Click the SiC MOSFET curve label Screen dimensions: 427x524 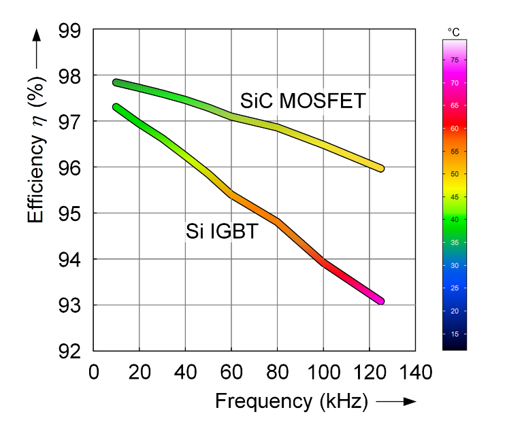click(x=303, y=102)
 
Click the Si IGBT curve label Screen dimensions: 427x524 click(x=222, y=232)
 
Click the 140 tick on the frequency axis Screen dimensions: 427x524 click(x=415, y=373)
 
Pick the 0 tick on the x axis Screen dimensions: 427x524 click(x=94, y=373)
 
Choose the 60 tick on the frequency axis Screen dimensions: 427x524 click(x=231, y=373)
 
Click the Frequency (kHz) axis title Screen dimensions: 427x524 click(x=291, y=402)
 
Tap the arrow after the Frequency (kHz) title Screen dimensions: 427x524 click(x=395, y=402)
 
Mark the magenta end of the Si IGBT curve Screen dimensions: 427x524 click(x=378, y=300)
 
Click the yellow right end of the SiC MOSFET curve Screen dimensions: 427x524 click(x=379, y=168)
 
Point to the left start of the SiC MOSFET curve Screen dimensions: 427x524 click(x=117, y=82)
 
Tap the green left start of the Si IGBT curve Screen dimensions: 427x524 click(x=117, y=107)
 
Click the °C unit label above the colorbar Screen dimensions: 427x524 click(x=454, y=32)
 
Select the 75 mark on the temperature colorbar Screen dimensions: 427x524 click(x=454, y=61)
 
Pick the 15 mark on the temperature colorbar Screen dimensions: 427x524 click(x=454, y=334)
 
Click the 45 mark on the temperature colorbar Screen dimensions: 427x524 click(x=454, y=197)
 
